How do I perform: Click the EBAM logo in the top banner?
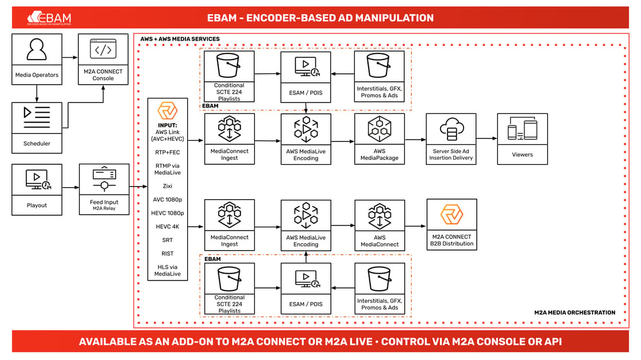pyautogui.click(x=49, y=18)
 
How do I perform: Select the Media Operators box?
pyautogui.click(x=37, y=59)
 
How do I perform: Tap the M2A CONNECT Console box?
pyautogui.click(x=103, y=59)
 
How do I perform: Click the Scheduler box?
pyautogui.click(x=37, y=128)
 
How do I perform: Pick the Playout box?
pyautogui.click(x=37, y=189)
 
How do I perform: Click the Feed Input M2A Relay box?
pyautogui.click(x=104, y=189)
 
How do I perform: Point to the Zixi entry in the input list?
pyautogui.click(x=167, y=186)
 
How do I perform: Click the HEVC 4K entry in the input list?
pyautogui.click(x=167, y=227)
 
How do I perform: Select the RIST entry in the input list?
pyautogui.click(x=167, y=254)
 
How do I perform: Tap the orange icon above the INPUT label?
pyautogui.click(x=167, y=110)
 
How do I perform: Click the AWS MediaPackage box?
pyautogui.click(x=379, y=139)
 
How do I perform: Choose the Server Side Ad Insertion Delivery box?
pyautogui.click(x=451, y=139)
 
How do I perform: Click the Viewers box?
pyautogui.click(x=522, y=139)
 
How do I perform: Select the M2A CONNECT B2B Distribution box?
pyautogui.click(x=452, y=224)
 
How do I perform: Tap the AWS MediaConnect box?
pyautogui.click(x=379, y=225)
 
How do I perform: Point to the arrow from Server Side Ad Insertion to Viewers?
pyautogui.click(x=486, y=139)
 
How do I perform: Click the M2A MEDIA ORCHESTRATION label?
pyautogui.click(x=575, y=312)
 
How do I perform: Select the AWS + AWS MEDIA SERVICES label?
pyautogui.click(x=180, y=39)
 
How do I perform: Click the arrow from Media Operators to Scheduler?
pyautogui.click(x=37, y=93)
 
